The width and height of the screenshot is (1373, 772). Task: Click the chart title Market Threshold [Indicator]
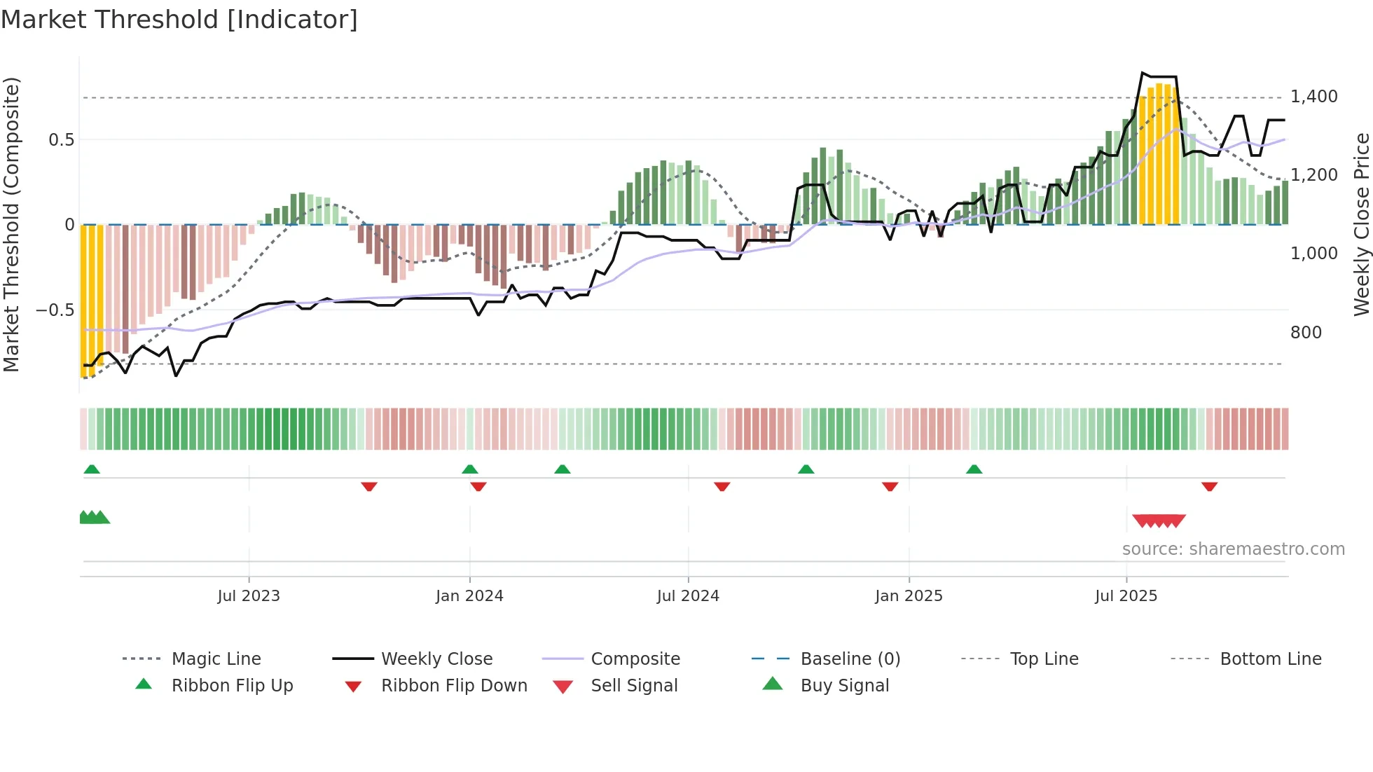179,20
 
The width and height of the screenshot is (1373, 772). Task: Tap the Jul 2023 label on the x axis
248,596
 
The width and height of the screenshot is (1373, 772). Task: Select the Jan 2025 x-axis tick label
909,596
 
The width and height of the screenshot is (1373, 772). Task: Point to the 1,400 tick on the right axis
1313,97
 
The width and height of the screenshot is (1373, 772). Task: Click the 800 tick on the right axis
1306,333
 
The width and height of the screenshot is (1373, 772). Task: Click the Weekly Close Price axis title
1361,224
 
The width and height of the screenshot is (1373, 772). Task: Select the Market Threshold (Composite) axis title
11,224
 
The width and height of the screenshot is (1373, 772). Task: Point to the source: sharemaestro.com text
1233,549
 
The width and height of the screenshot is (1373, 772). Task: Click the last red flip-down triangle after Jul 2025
1209,487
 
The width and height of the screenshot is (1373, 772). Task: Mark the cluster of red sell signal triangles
1159,521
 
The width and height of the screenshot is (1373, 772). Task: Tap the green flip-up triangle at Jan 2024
470,469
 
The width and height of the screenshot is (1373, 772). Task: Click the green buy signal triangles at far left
94,518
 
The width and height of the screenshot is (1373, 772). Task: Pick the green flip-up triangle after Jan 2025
974,469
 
